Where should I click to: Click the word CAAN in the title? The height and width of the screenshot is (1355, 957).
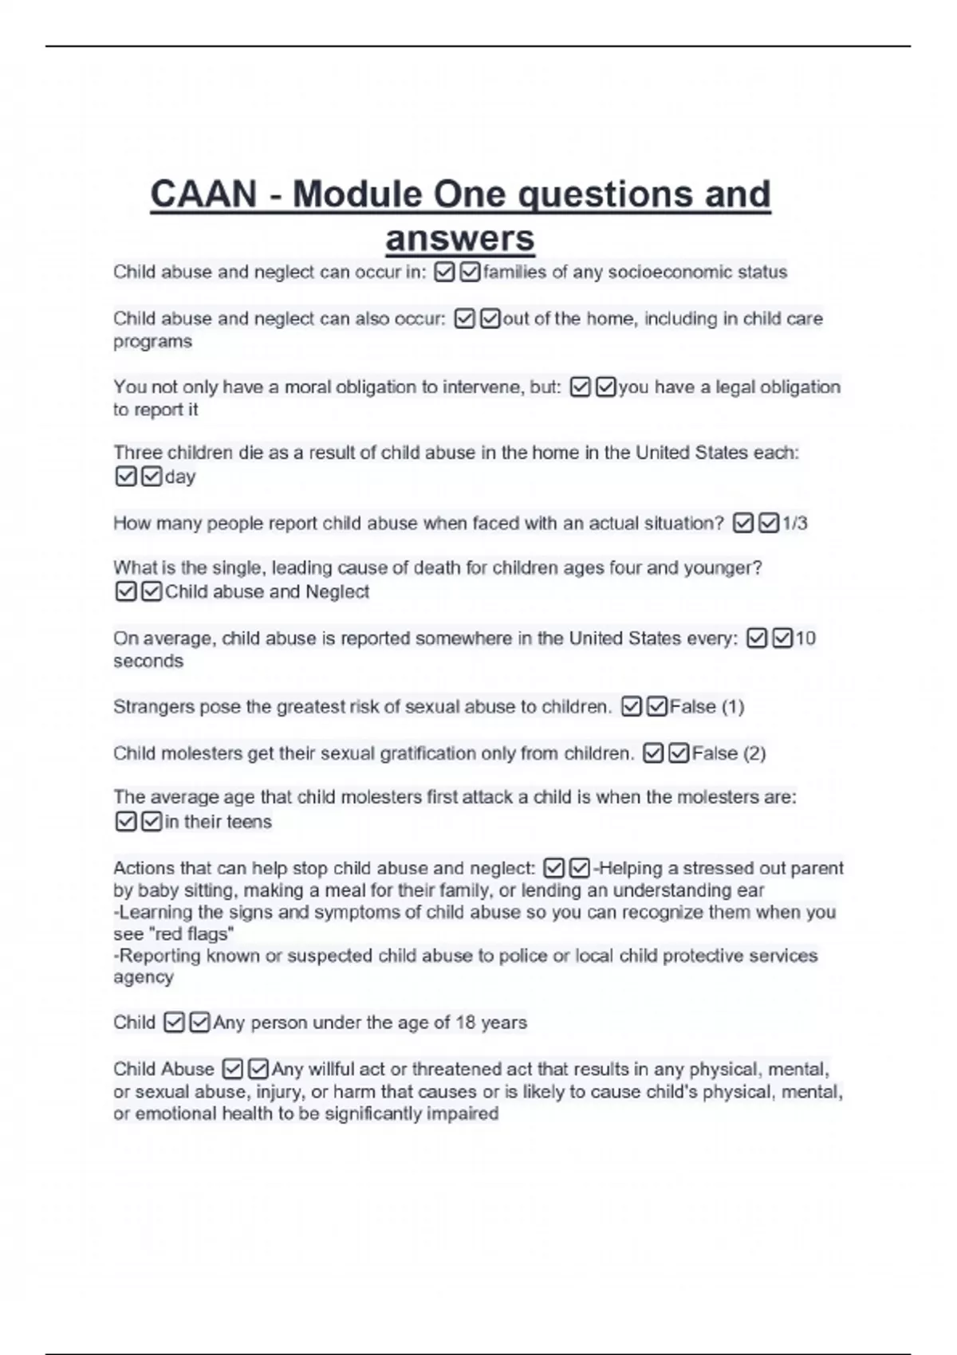tap(203, 194)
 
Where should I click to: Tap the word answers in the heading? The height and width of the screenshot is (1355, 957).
tap(460, 238)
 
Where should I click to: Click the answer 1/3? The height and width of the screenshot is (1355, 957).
tap(795, 524)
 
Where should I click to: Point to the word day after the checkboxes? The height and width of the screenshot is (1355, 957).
tap(180, 477)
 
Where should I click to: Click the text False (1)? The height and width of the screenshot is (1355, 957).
tap(707, 707)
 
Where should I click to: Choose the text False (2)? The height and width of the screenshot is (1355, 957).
tap(728, 753)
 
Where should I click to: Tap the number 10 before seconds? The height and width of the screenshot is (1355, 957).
tap(805, 638)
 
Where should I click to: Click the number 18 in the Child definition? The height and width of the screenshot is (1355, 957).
tap(467, 1023)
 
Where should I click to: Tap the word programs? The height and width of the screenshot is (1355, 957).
tap(152, 341)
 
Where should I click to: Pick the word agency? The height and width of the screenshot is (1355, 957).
tap(144, 977)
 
